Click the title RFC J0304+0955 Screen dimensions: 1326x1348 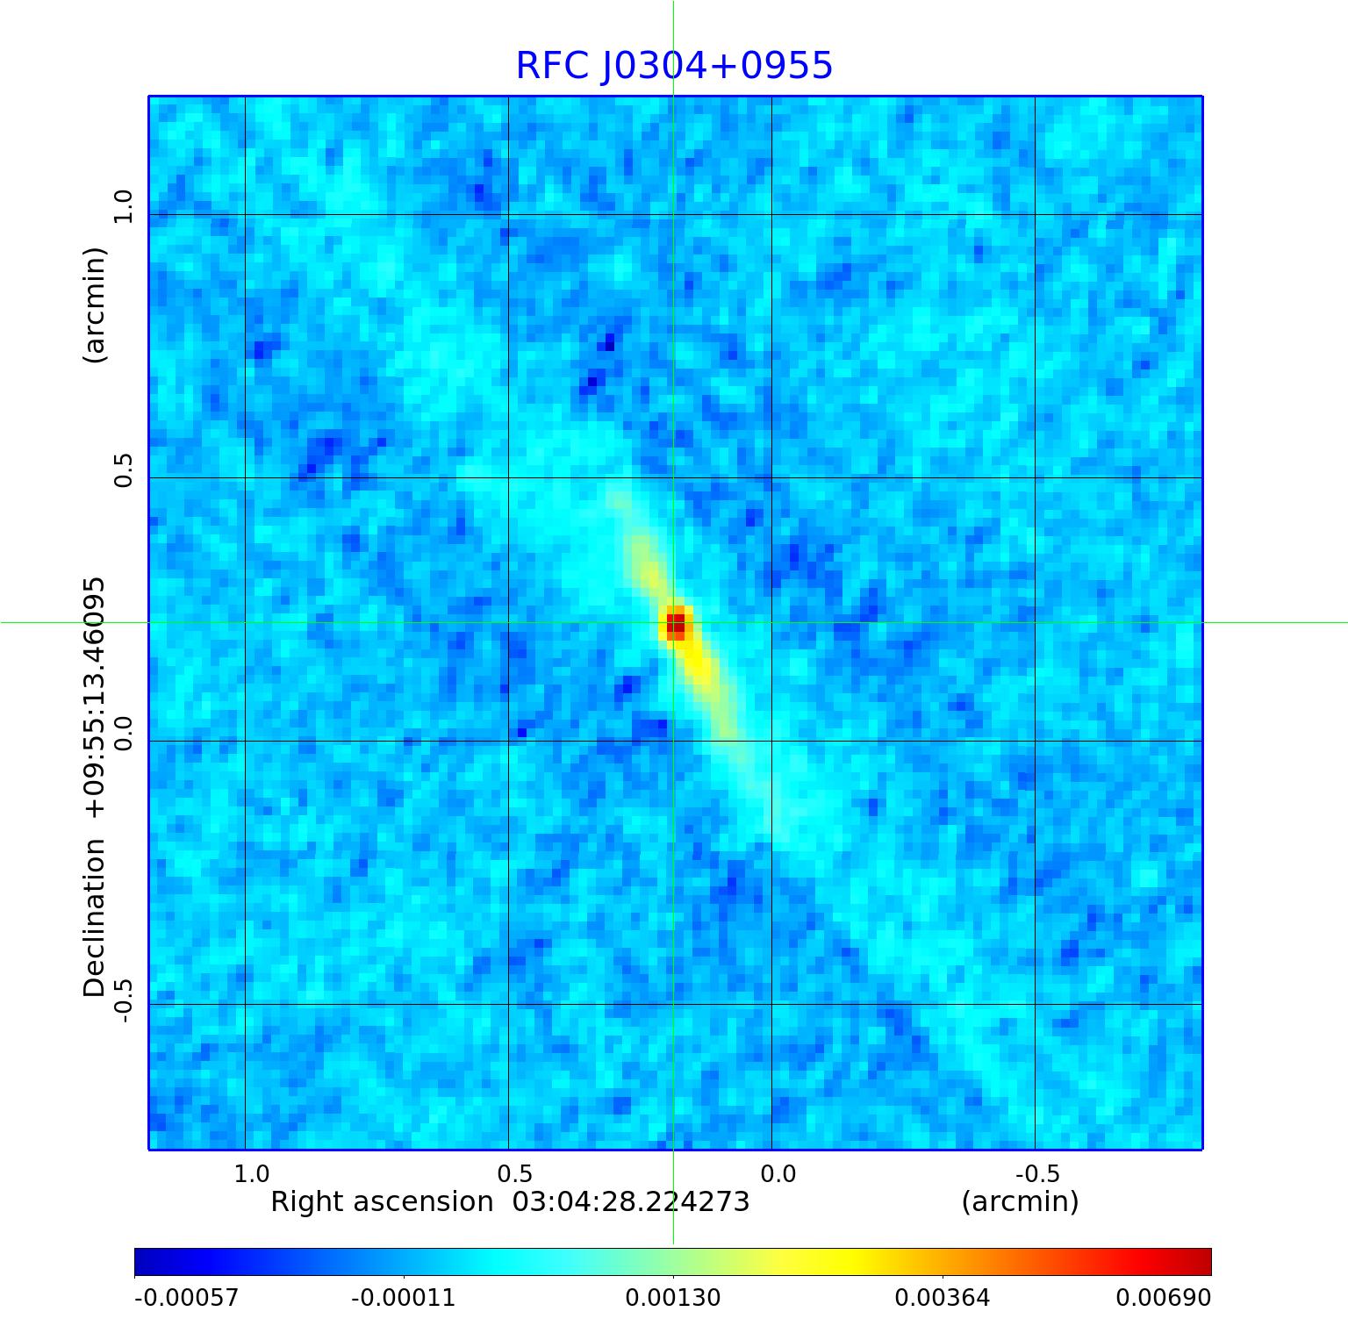point(673,66)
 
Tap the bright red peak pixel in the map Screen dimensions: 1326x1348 point(676,624)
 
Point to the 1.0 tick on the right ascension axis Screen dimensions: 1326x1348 point(252,1173)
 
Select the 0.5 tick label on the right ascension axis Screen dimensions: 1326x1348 point(514,1173)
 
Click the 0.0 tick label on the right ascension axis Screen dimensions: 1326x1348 point(778,1173)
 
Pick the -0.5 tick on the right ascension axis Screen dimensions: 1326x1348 point(1037,1173)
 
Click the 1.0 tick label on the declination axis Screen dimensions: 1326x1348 point(122,207)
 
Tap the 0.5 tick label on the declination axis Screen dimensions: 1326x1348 point(122,470)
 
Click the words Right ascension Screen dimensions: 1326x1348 point(382,1201)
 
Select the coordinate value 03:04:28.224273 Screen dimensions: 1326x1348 point(631,1201)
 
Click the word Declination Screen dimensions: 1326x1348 point(94,918)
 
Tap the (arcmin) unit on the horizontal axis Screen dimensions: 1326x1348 point(1020,1201)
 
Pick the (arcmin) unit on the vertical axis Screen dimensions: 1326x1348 point(94,305)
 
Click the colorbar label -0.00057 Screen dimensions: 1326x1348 point(186,1297)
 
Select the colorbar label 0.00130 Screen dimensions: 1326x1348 point(673,1297)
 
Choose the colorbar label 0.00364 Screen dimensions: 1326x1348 point(943,1297)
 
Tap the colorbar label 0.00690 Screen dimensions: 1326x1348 point(1164,1297)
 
